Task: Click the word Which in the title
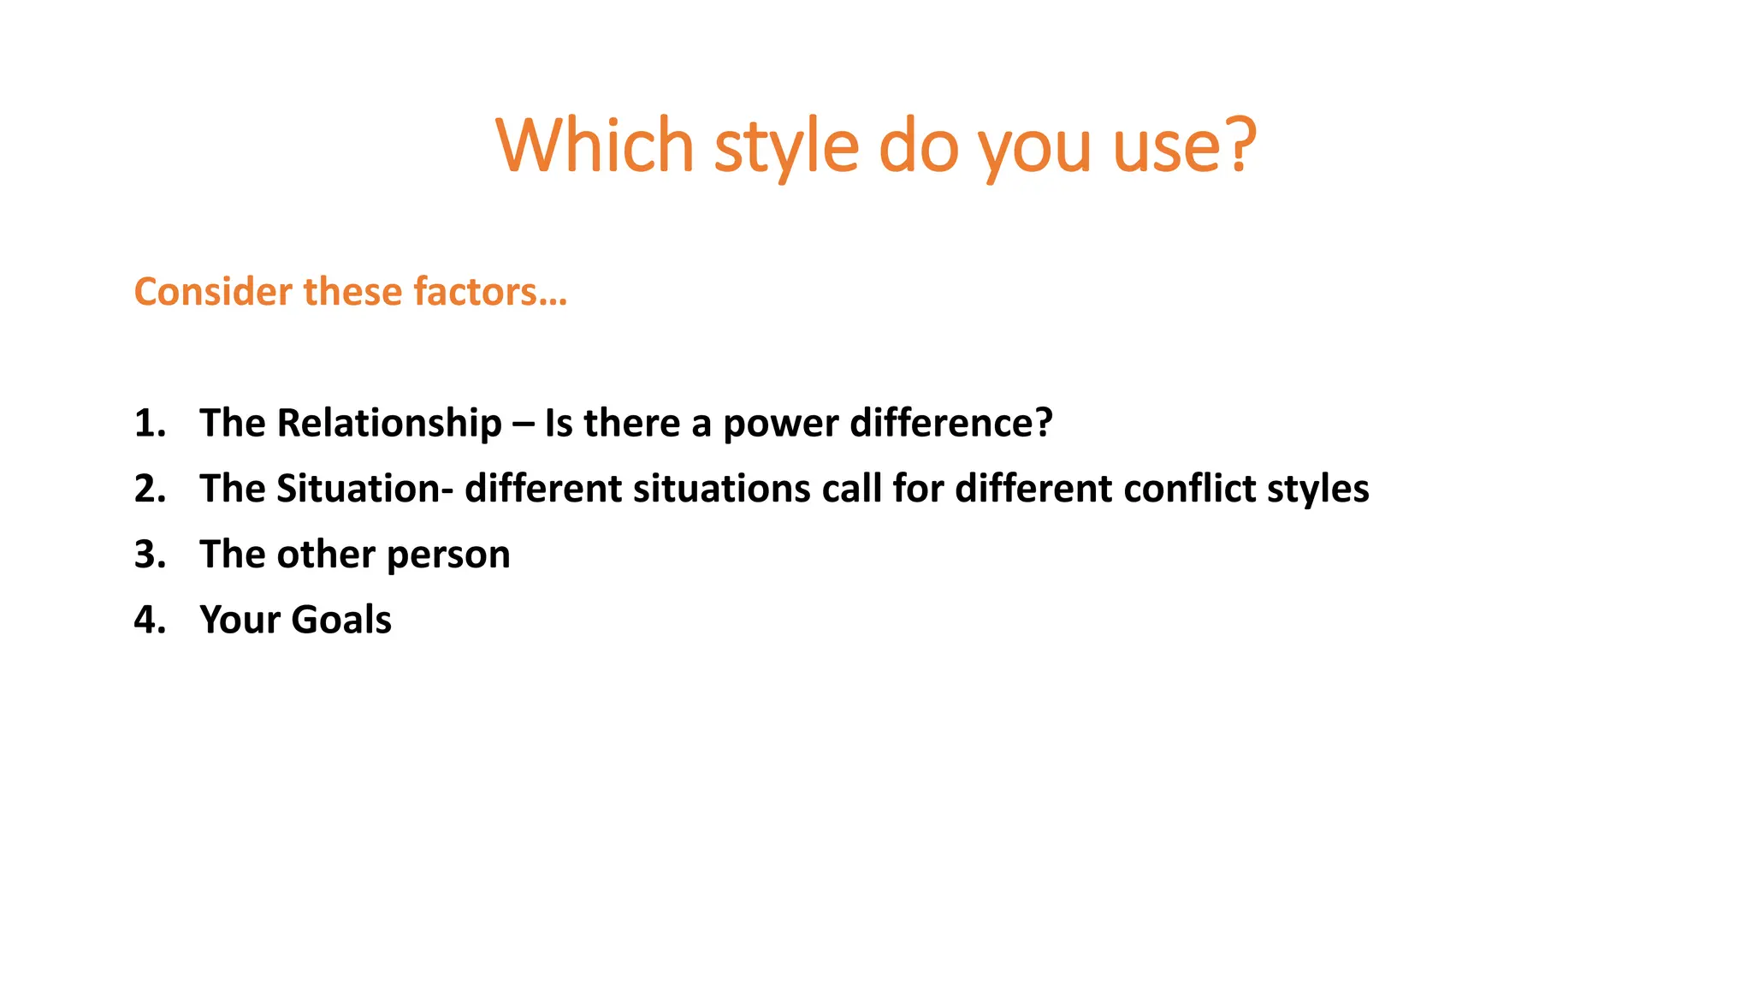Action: pos(594,146)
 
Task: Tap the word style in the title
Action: pos(785,147)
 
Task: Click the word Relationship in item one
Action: pos(389,423)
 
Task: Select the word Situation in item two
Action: pos(358,489)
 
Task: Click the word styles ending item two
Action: pos(1317,489)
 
